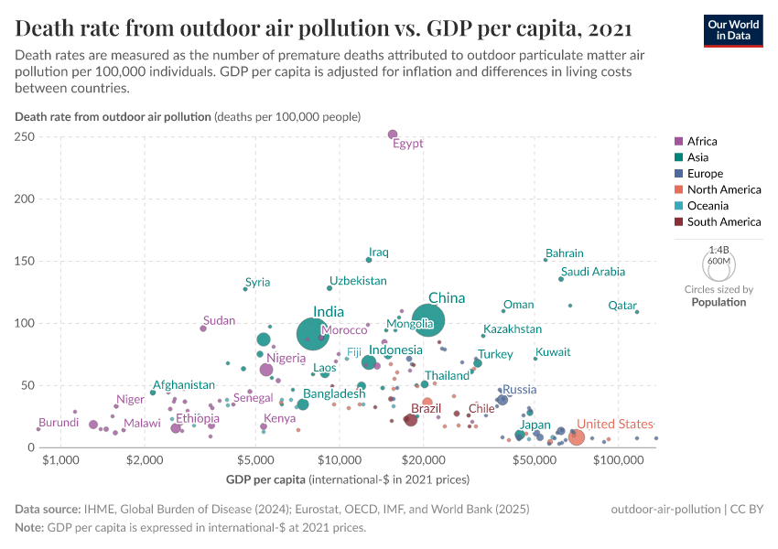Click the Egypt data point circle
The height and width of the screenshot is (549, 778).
pyautogui.click(x=393, y=135)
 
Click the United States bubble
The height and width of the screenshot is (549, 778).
pyautogui.click(x=576, y=437)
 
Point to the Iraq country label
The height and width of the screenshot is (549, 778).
pyautogui.click(x=379, y=253)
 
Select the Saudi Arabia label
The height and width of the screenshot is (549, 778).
pyautogui.click(x=593, y=272)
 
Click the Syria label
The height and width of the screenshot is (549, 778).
pyautogui.click(x=258, y=282)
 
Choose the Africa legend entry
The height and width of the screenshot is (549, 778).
pyautogui.click(x=702, y=141)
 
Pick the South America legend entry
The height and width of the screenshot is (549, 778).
pyautogui.click(x=723, y=221)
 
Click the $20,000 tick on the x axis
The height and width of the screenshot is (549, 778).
pyautogui.click(x=424, y=459)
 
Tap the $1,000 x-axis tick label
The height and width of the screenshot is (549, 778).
pyautogui.click(x=60, y=459)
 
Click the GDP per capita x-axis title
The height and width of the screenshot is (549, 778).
pyautogui.click(x=265, y=479)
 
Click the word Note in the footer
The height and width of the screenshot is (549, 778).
pyautogui.click(x=30, y=527)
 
